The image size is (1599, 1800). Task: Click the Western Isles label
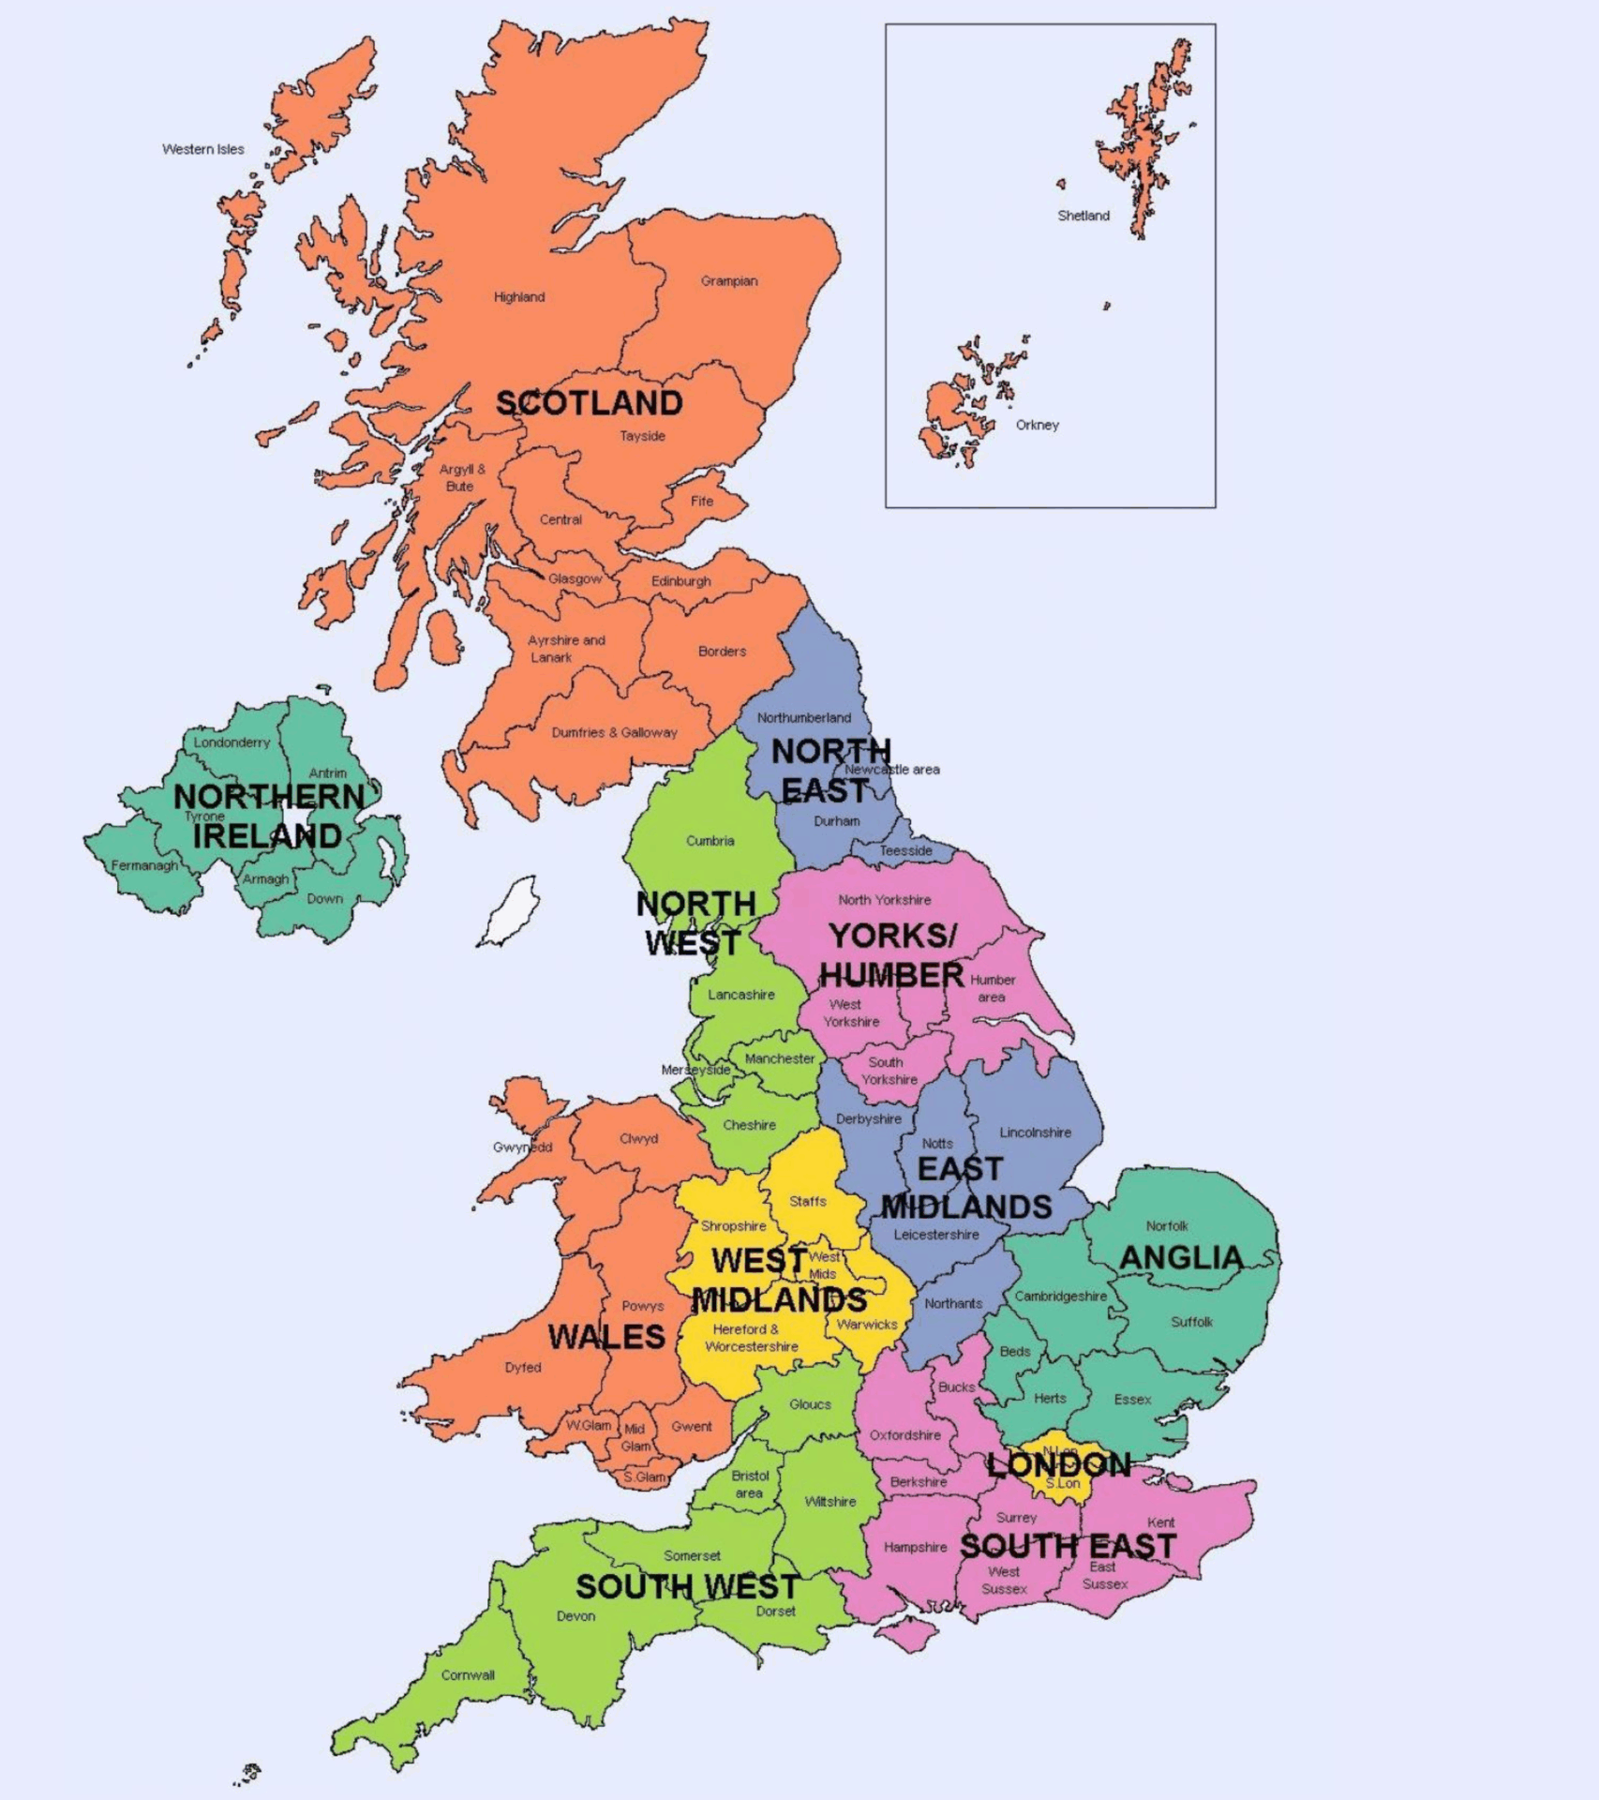(x=202, y=149)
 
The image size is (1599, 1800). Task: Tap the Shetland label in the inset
(x=1083, y=216)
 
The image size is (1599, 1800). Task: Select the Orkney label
(x=1037, y=425)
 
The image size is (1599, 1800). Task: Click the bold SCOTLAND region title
(x=589, y=403)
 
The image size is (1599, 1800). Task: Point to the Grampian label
(x=728, y=281)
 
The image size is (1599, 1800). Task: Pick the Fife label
(x=702, y=501)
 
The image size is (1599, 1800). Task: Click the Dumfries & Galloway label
(x=614, y=732)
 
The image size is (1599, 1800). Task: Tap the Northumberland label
(x=803, y=718)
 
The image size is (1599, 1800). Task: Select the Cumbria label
(x=710, y=841)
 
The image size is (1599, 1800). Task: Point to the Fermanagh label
(x=144, y=865)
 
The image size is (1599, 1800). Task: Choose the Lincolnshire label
(x=1035, y=1132)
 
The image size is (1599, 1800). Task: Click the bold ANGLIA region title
(x=1181, y=1258)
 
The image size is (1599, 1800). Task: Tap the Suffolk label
(x=1191, y=1322)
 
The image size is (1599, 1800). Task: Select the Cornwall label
(x=468, y=1675)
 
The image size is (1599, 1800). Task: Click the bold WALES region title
(x=606, y=1337)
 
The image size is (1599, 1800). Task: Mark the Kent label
(x=1160, y=1522)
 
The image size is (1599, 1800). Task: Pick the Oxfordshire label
(x=904, y=1435)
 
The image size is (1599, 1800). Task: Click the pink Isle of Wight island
(x=906, y=1638)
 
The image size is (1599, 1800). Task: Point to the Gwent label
(x=691, y=1427)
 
